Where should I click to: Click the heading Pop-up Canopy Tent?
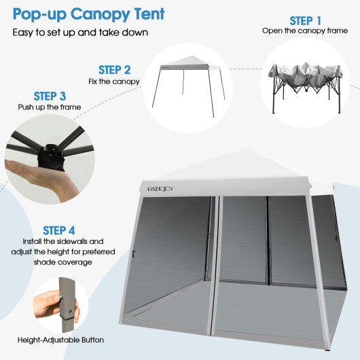[88, 14]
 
